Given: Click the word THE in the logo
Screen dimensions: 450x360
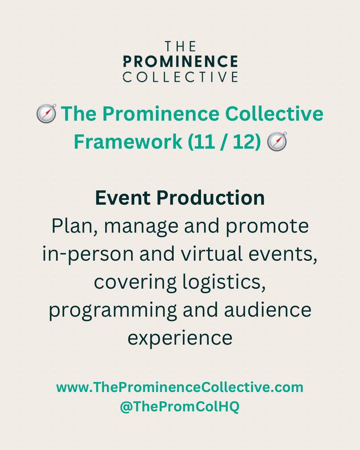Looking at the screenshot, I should click(180, 46).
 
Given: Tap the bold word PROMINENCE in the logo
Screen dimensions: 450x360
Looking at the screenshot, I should click(180, 61).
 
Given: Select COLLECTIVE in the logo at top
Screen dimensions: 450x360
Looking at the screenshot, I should click(180, 76).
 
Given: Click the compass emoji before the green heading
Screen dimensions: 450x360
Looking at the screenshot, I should click(46, 114).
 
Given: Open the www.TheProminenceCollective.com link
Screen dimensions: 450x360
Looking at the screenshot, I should click(180, 387).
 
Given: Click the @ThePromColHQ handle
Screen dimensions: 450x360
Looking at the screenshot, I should click(180, 407).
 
